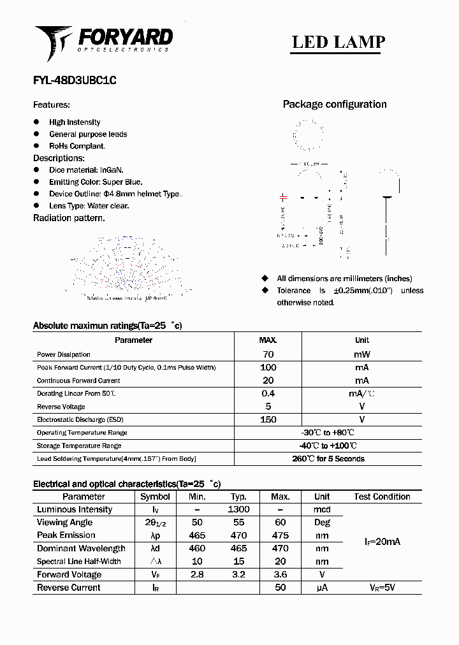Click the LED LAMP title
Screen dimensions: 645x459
click(x=338, y=42)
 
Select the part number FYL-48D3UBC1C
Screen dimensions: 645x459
click(x=75, y=81)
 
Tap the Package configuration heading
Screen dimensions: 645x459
click(x=335, y=105)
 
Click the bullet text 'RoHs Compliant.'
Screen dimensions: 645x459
click(x=77, y=146)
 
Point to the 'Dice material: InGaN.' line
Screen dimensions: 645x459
click(x=86, y=170)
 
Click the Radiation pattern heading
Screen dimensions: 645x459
click(x=69, y=218)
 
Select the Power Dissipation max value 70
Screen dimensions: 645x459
click(x=268, y=354)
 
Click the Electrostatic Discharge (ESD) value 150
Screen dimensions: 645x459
click(x=268, y=419)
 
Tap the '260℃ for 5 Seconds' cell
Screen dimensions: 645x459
click(x=328, y=459)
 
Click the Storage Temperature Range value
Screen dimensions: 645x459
click(x=328, y=446)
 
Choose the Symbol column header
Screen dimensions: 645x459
click(x=155, y=496)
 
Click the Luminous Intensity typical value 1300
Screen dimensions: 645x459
click(x=238, y=509)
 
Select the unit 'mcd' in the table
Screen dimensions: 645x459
click(x=322, y=510)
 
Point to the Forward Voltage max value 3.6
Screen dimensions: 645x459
click(x=280, y=574)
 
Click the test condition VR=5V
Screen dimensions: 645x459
click(x=382, y=588)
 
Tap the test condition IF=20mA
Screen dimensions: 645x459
click(x=382, y=542)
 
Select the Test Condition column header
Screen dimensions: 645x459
click(x=382, y=496)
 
